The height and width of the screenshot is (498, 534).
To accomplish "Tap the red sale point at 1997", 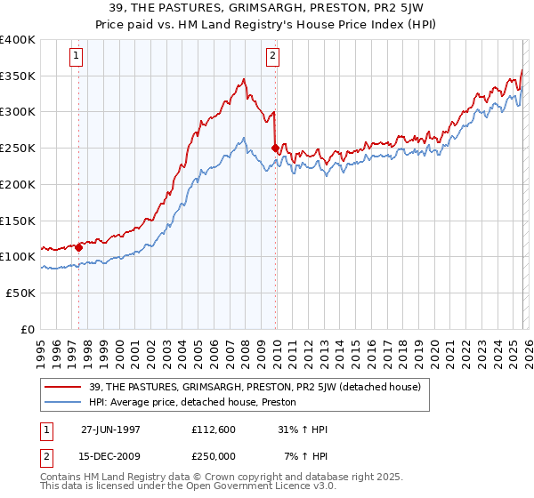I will (79, 246).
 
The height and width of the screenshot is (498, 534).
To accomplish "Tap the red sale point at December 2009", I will (275, 148).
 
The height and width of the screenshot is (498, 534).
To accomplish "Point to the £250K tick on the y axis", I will (19, 148).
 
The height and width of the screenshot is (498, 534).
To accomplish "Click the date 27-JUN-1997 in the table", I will (110, 430).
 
